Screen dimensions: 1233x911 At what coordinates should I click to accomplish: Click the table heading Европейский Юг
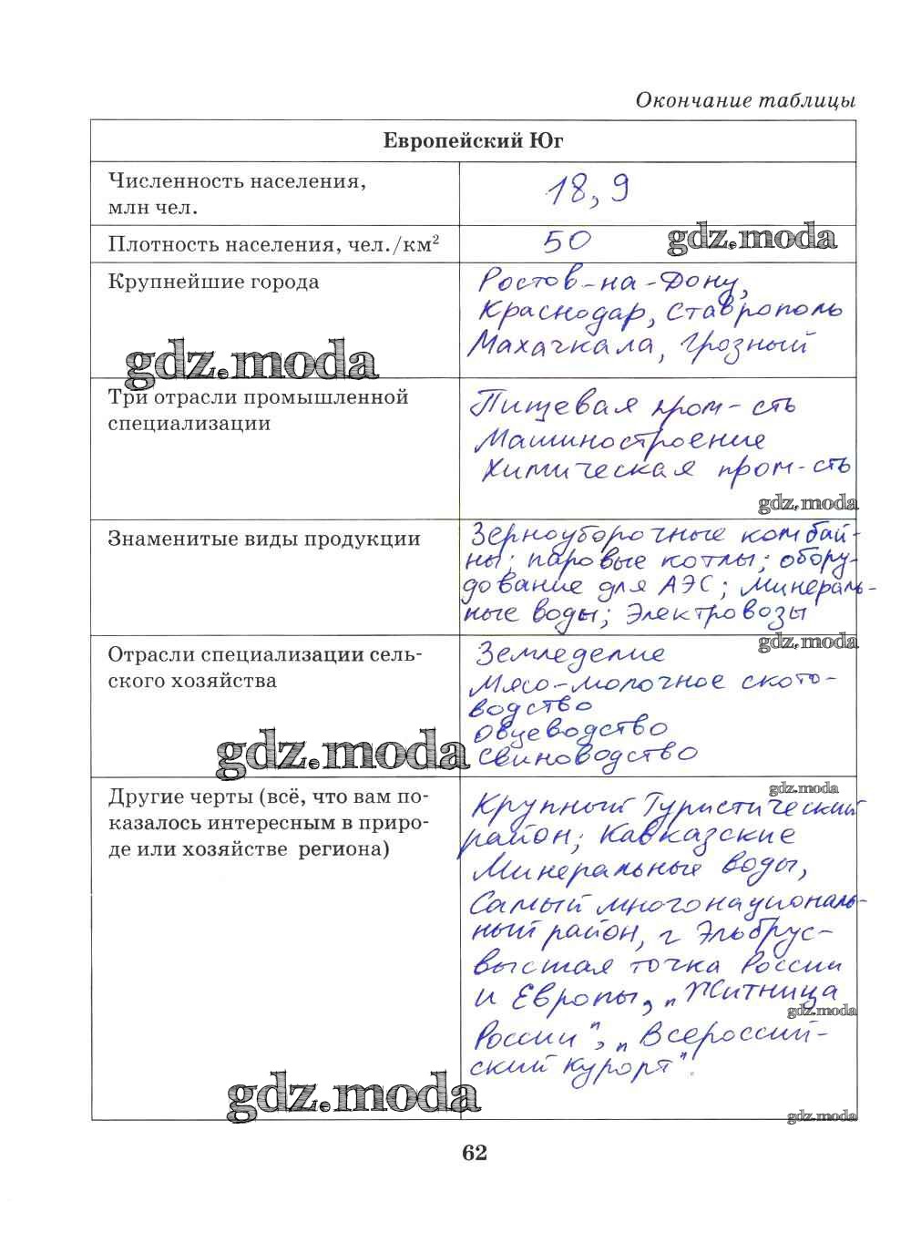[473, 141]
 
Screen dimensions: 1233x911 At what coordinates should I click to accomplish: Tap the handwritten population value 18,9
[587, 191]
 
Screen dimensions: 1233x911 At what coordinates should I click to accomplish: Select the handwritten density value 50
[567, 241]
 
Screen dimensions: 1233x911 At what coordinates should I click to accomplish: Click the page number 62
[475, 1153]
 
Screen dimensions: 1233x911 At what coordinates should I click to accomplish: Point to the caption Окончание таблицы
[745, 100]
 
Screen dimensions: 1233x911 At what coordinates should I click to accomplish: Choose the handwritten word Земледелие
[571, 653]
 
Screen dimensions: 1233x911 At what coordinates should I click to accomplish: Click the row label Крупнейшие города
[214, 282]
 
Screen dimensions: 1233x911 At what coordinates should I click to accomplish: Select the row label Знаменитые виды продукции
[264, 539]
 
